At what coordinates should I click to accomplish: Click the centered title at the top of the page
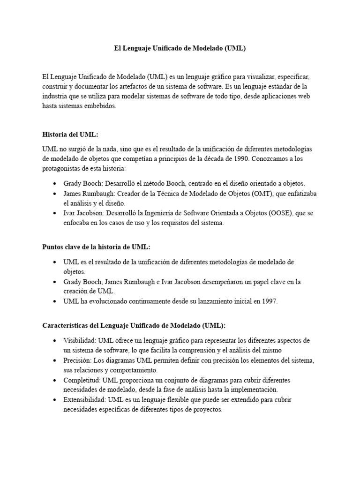coord(180,48)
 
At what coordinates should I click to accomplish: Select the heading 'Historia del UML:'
coord(70,135)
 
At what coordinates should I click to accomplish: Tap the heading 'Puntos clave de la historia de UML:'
coord(96,247)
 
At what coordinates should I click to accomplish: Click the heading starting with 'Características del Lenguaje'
coord(134,325)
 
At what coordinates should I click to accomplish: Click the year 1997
coord(269,302)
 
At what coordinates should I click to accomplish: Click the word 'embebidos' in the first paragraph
coord(99,106)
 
